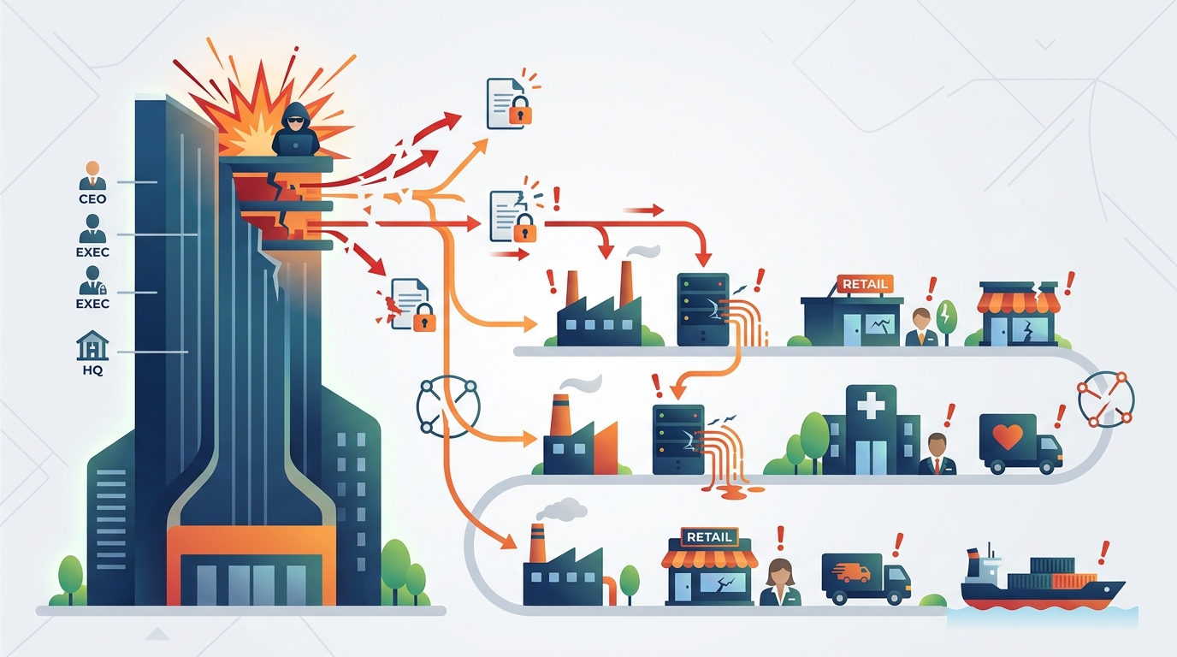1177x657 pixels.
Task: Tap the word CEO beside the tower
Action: tap(92, 199)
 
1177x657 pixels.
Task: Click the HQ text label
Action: tap(92, 371)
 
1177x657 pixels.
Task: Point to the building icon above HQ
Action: tap(92, 346)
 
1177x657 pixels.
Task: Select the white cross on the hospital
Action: tap(871, 404)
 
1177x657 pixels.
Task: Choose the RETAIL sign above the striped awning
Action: tap(709, 537)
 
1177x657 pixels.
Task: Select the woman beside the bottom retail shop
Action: tap(779, 582)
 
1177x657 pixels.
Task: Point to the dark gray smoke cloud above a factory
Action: tap(562, 510)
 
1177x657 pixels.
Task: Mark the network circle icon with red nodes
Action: tap(1105, 399)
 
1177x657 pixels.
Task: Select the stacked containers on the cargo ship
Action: tap(1062, 571)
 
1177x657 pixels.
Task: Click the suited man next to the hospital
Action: tap(937, 454)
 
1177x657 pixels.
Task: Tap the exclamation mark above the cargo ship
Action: tap(1103, 550)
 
